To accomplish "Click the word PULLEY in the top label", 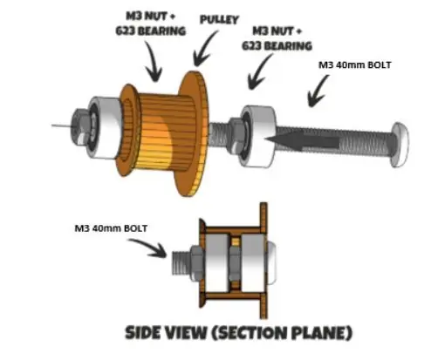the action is (219, 19).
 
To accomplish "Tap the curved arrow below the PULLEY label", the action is (204, 50).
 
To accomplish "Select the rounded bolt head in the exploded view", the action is (400, 145).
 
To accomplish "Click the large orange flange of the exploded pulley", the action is (193, 133).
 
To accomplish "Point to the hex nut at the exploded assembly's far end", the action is (79, 127).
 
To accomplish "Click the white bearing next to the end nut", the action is (106, 127).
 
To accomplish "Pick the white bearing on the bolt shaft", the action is (258, 137).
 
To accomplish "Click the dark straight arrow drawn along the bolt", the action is (303, 140).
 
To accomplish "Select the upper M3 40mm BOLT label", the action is (355, 65).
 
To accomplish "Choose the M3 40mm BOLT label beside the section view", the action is (111, 228).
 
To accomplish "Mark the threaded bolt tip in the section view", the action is (181, 263).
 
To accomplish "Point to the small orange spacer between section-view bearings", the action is (236, 241).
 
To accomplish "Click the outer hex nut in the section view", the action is (197, 263).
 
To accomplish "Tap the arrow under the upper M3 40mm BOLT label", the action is (318, 91).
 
